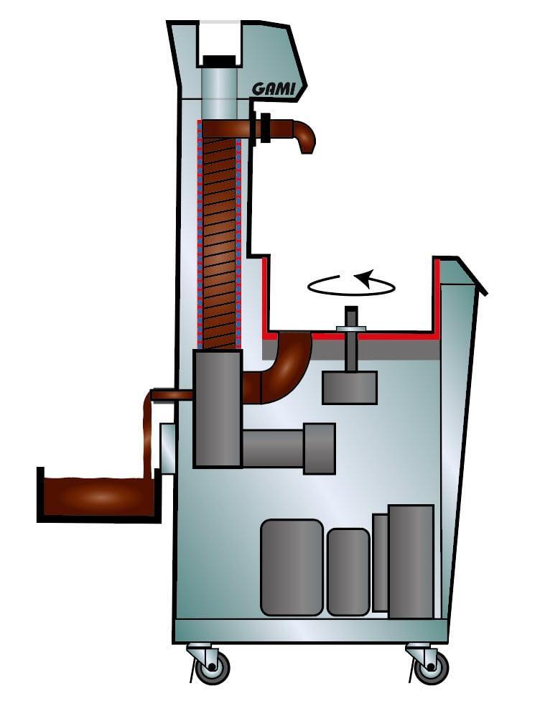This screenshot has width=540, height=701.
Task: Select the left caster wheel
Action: coord(213,667)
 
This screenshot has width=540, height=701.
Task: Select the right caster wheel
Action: coord(431,667)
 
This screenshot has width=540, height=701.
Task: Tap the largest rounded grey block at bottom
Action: coord(292,567)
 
